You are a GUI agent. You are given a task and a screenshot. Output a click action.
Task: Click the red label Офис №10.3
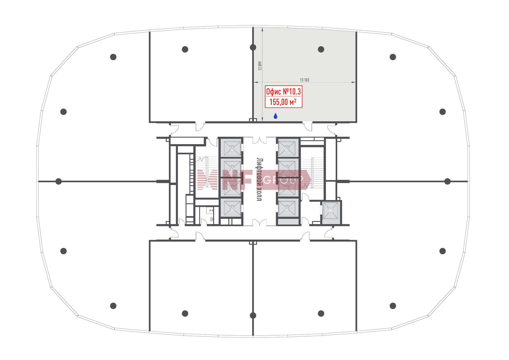pos(283,92)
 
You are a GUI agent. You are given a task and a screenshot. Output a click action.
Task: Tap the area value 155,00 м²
pos(283,102)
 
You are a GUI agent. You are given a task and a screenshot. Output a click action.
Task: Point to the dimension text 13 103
pos(304,80)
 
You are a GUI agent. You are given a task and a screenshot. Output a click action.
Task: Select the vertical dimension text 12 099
pos(260,66)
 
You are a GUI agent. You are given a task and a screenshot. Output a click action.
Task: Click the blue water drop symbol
pos(275,116)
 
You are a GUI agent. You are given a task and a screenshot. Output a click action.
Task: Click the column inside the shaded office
pos(321,49)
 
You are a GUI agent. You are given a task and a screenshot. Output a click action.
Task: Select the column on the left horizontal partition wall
pos(59,181)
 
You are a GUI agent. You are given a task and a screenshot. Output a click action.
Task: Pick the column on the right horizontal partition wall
pos(447,181)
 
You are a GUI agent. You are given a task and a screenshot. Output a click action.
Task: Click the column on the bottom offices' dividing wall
pos(253,315)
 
